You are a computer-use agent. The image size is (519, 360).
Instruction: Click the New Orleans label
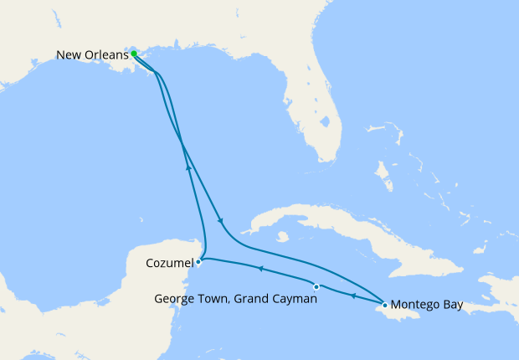click(x=92, y=55)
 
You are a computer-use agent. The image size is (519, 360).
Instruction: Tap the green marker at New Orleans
click(x=134, y=54)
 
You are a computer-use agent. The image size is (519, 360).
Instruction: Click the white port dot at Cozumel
click(x=198, y=261)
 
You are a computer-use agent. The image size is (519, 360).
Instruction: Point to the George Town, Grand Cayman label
click(x=234, y=299)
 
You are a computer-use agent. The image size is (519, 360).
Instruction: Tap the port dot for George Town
click(x=316, y=287)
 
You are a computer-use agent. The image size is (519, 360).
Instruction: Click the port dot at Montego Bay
click(x=384, y=305)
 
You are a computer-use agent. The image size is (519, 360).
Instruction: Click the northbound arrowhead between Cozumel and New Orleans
click(x=188, y=166)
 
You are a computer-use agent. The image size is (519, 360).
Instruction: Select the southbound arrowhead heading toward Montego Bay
click(x=220, y=221)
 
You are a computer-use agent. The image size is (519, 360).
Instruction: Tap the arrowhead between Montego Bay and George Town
click(x=352, y=296)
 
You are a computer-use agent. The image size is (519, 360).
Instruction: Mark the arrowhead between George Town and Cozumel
click(x=259, y=269)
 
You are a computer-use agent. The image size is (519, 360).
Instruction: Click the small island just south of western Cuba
click(x=285, y=236)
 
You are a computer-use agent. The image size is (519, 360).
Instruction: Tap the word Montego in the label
click(x=415, y=305)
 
